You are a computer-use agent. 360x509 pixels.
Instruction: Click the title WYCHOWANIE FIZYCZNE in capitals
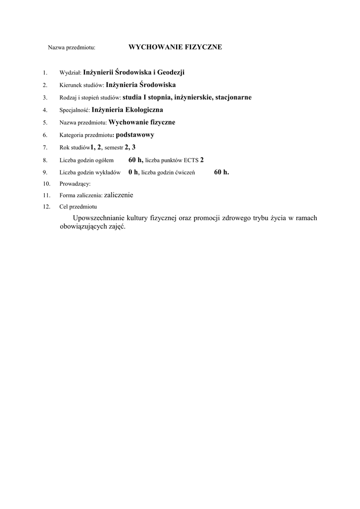click(175, 47)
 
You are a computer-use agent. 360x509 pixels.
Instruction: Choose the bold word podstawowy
click(135, 135)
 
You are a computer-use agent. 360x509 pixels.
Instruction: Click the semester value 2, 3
click(130, 147)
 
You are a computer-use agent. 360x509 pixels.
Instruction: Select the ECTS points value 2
click(202, 160)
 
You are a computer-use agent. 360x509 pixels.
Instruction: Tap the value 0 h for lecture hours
click(133, 172)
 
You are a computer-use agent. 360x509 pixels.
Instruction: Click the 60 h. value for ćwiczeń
click(222, 172)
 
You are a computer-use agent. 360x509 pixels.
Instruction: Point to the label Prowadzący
click(75, 184)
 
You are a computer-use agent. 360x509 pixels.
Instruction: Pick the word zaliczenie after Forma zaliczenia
click(119, 195)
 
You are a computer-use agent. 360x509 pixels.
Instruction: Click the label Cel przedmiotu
click(78, 207)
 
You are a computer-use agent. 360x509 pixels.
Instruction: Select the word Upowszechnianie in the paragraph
click(98, 218)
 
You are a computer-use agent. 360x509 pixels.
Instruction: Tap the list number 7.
click(45, 148)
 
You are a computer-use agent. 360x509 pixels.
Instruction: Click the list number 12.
click(47, 207)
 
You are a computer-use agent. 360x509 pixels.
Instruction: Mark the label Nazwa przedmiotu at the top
click(71, 48)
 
